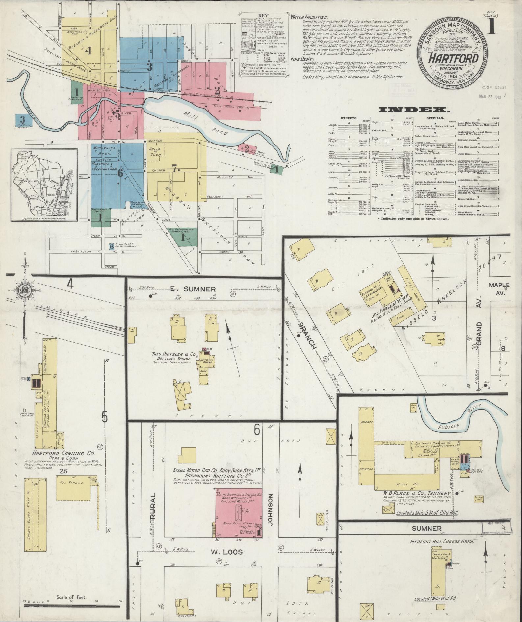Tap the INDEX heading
(415, 110)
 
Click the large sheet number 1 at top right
(492, 27)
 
